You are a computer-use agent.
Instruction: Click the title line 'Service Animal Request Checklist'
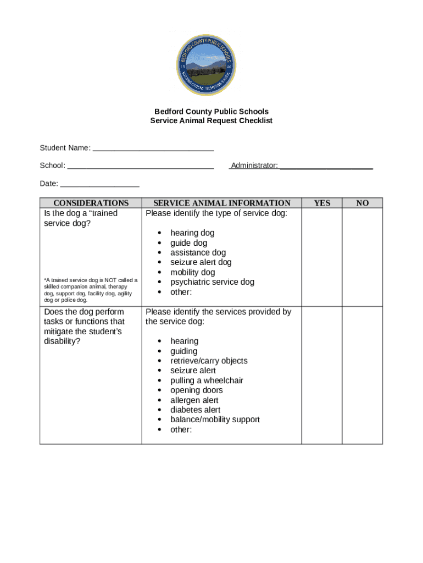[211, 120]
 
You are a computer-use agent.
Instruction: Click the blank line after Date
[99, 184]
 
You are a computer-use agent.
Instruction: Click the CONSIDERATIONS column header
[91, 203]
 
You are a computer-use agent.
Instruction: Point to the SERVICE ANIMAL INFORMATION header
[221, 203]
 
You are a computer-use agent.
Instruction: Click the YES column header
[322, 203]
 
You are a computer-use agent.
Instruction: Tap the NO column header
[362, 203]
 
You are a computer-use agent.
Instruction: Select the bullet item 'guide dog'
[188, 243]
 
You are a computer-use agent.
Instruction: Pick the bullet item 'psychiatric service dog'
[212, 282]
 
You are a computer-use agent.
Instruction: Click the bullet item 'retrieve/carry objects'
[209, 361]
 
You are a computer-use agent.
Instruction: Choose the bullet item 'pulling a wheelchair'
[207, 380]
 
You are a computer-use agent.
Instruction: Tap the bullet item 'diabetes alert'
[195, 410]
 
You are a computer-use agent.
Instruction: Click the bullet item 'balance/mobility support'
[215, 420]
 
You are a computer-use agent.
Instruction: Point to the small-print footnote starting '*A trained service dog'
[91, 290]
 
